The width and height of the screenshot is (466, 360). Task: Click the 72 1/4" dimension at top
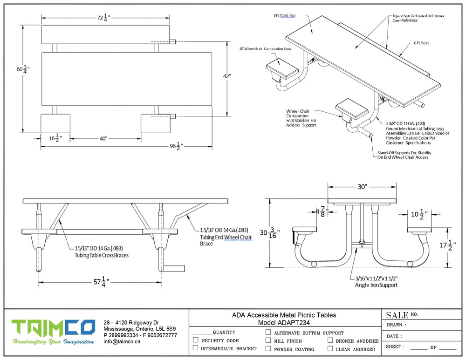click(x=103, y=18)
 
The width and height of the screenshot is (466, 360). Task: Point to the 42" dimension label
click(x=227, y=76)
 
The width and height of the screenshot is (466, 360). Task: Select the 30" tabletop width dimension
click(x=363, y=187)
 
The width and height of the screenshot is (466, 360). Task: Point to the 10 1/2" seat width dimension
click(x=418, y=215)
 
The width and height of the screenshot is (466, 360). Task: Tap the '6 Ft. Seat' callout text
click(x=421, y=43)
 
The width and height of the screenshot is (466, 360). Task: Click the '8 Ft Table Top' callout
click(x=284, y=15)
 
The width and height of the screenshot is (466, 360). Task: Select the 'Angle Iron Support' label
click(x=377, y=285)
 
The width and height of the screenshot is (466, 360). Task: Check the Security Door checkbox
click(x=196, y=340)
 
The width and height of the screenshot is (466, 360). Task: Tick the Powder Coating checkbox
click(x=268, y=348)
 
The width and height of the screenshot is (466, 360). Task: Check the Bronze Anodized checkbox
click(x=330, y=340)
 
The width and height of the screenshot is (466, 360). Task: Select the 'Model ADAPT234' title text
click(x=284, y=322)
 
